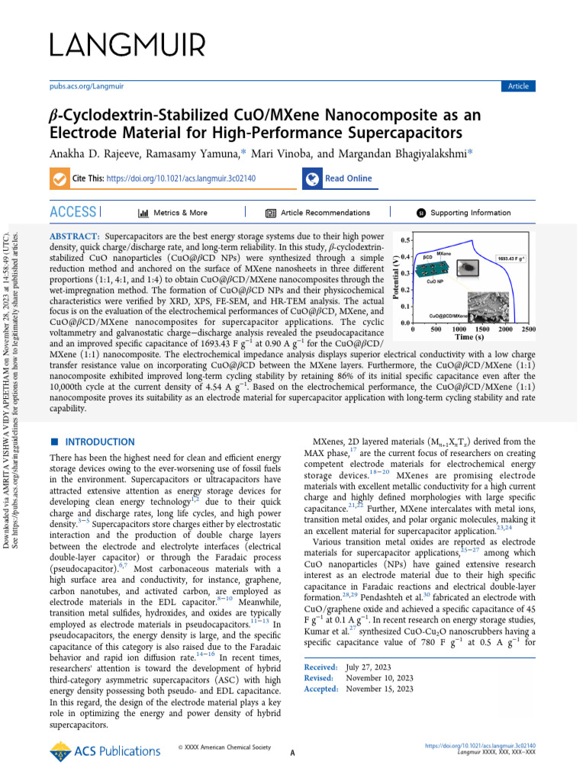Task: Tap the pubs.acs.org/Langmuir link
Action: [x=82, y=86]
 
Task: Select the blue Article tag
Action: [x=518, y=86]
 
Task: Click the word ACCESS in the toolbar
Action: [x=73, y=212]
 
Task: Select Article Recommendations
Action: [x=325, y=213]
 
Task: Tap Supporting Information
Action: [x=470, y=213]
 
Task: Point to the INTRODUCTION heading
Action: [x=100, y=442]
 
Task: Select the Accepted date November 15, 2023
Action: [x=379, y=688]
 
